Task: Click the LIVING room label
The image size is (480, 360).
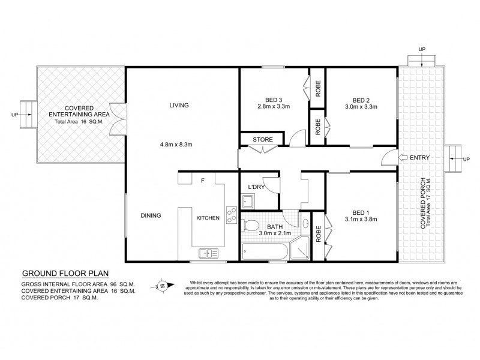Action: pyautogui.click(x=179, y=105)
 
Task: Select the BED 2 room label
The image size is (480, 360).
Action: pyautogui.click(x=360, y=100)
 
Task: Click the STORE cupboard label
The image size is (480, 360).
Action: pyautogui.click(x=262, y=140)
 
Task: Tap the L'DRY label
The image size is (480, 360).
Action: pyautogui.click(x=256, y=187)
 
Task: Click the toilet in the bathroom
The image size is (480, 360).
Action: pyautogui.click(x=251, y=226)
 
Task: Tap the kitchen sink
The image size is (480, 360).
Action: pyautogui.click(x=206, y=254)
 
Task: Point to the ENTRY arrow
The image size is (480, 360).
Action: pyautogui.click(x=389, y=158)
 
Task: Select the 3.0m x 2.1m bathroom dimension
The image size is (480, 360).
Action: pyautogui.click(x=275, y=233)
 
